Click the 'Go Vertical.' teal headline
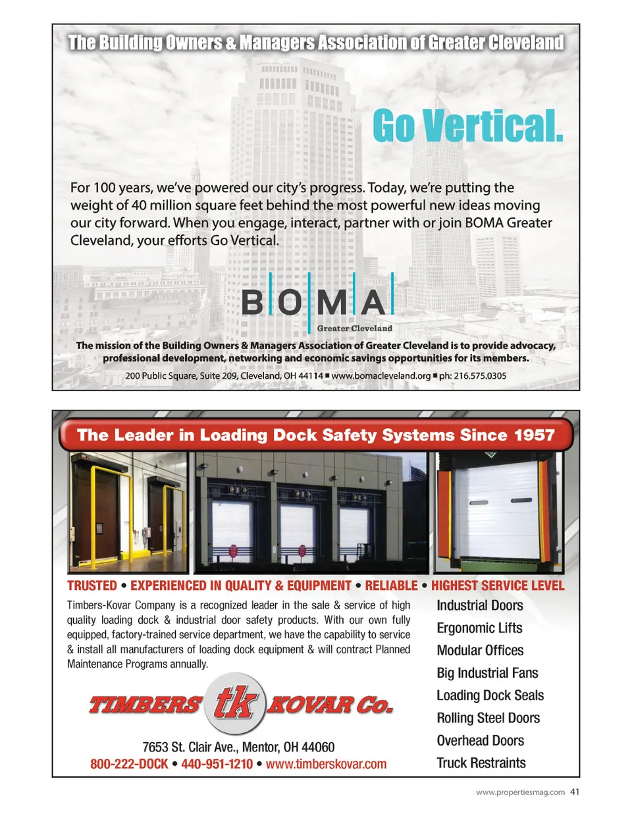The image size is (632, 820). [467, 126]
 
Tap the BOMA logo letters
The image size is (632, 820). [318, 302]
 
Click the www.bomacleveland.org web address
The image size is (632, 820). [381, 376]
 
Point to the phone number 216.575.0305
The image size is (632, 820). [473, 376]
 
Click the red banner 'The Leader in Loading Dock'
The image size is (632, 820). [316, 435]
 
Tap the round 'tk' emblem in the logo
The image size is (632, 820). [234, 704]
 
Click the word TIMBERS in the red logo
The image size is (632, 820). [145, 705]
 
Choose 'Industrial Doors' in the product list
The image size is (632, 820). [480, 606]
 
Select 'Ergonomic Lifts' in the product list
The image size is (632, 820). [479, 628]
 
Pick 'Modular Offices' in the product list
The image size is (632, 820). [480, 651]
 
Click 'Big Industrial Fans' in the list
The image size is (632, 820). [487, 673]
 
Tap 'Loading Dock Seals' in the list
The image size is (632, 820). [490, 696]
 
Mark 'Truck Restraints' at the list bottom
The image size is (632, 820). [481, 763]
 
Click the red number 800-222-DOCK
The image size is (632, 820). [129, 764]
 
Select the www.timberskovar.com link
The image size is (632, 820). [326, 764]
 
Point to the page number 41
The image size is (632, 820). [575, 792]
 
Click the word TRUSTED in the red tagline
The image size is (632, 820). [92, 586]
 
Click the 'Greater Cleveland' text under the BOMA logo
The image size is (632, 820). [354, 328]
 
